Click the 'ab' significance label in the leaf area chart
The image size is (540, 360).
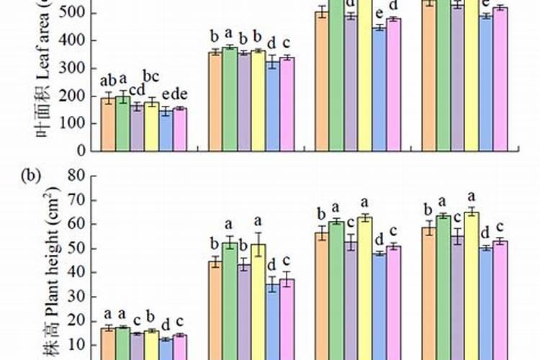109,80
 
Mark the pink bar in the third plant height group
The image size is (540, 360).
394,302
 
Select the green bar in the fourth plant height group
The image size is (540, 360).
444,288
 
